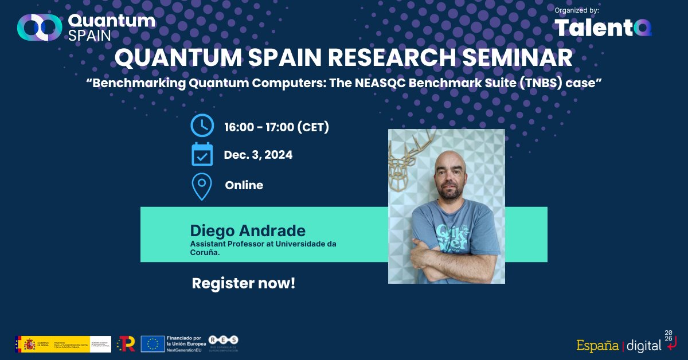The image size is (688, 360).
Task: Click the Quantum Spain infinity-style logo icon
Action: (39, 27)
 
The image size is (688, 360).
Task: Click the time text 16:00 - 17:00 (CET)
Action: (277, 127)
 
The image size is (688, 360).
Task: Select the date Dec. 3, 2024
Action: (258, 155)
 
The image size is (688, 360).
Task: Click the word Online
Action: (244, 185)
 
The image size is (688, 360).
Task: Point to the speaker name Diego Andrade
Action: (248, 231)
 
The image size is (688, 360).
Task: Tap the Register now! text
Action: (243, 283)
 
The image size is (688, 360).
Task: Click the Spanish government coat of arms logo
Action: (29, 343)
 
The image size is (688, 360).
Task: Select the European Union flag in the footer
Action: (153, 343)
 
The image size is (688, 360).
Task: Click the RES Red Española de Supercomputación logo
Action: (224, 343)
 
